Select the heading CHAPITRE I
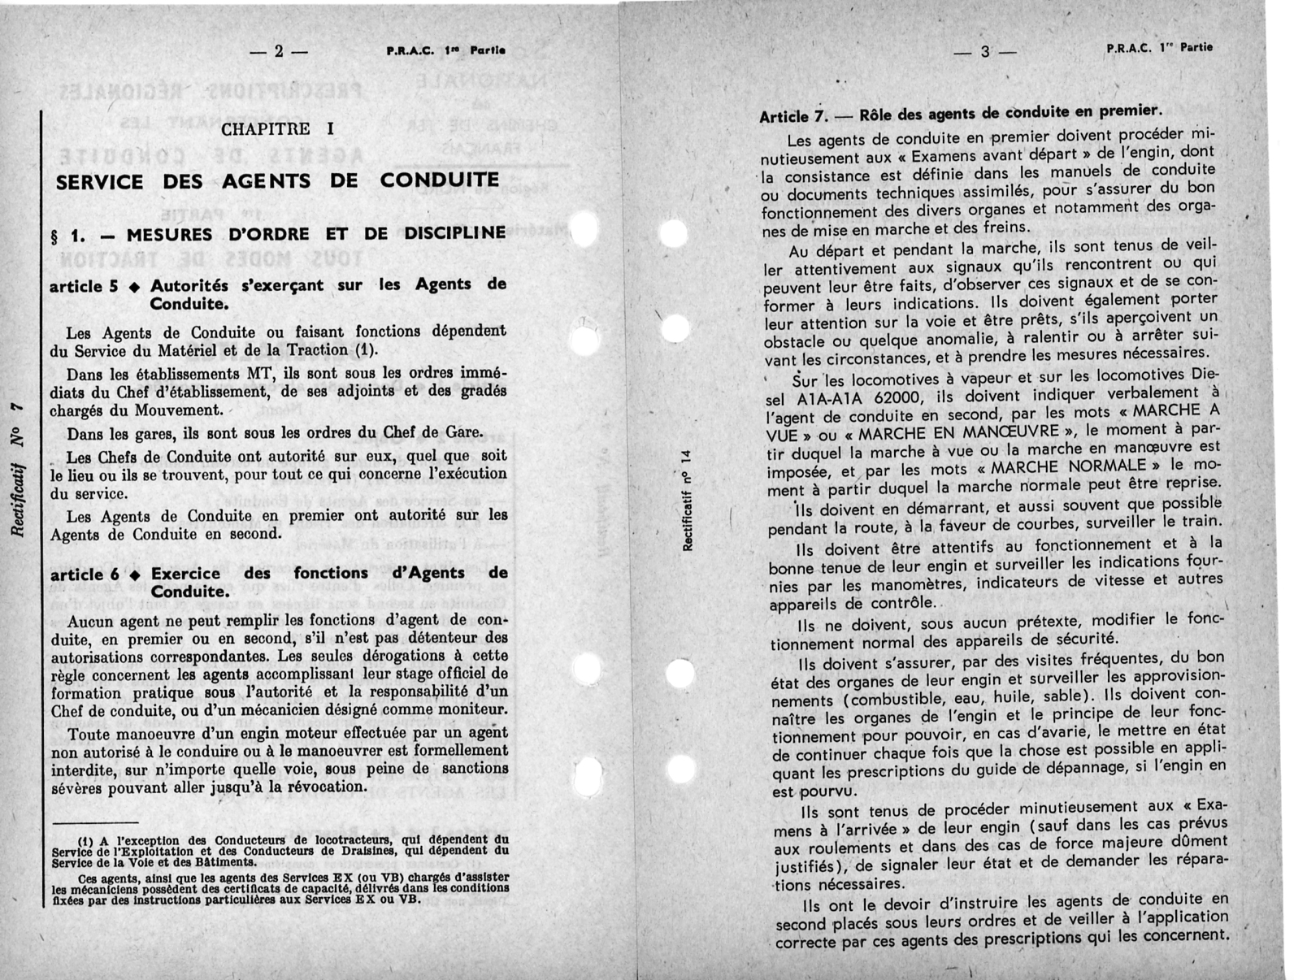click(277, 129)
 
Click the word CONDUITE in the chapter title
click(440, 180)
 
